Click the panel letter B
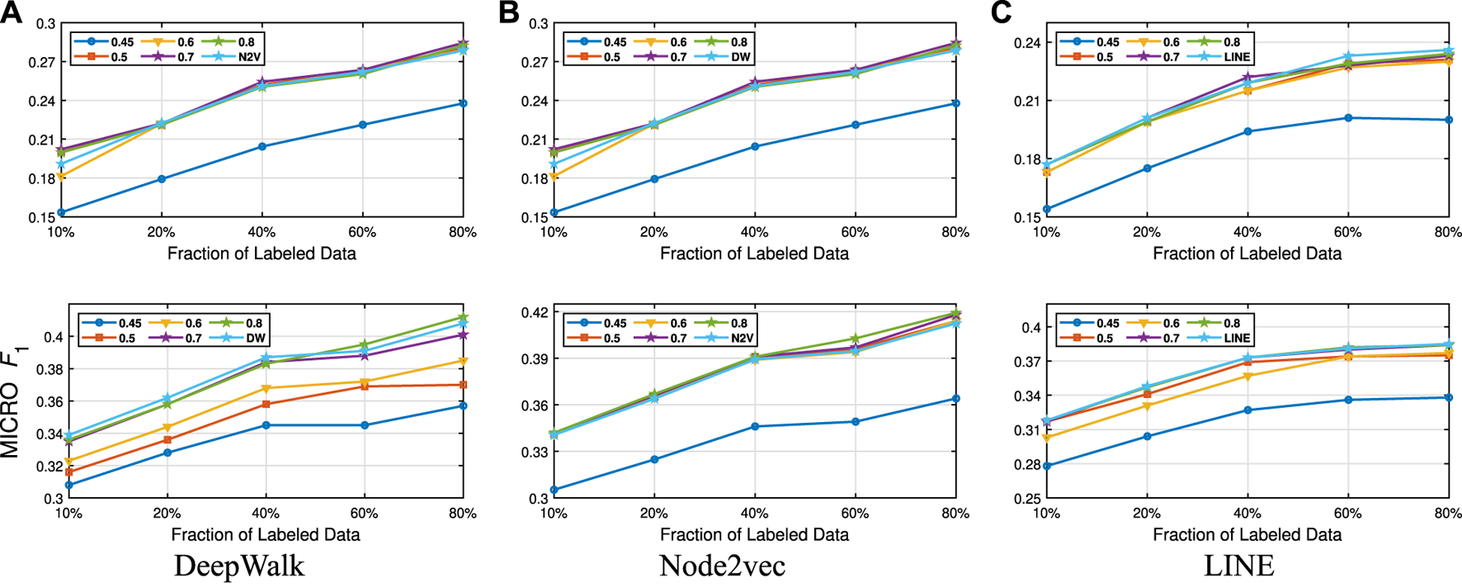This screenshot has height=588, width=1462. [509, 12]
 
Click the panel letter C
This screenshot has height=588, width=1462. [1001, 12]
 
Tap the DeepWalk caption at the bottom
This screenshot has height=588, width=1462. [239, 566]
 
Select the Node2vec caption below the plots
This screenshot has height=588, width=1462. [722, 566]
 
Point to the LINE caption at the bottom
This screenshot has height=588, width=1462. [1238, 566]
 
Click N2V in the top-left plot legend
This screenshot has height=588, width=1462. [250, 57]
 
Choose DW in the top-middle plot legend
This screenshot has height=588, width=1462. [740, 57]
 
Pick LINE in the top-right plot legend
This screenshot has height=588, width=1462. [1238, 57]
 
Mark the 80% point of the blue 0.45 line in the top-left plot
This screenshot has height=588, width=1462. [463, 103]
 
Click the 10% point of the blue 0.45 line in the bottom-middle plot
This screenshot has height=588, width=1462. [554, 490]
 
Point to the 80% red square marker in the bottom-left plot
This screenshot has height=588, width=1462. [463, 385]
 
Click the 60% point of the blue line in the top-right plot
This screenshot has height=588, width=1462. [1348, 118]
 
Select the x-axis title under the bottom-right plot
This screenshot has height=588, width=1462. [1247, 534]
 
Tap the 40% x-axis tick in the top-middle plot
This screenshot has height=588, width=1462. [754, 233]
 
